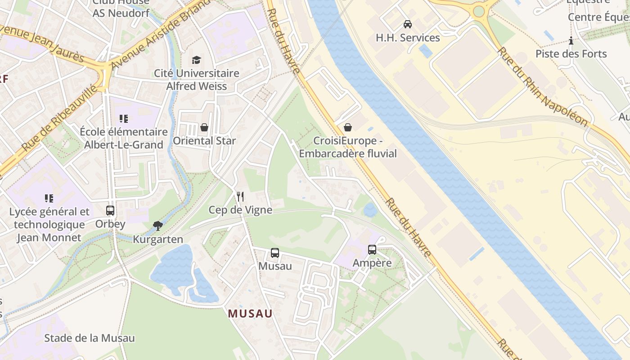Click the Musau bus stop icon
click(275, 253)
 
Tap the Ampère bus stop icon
click(372, 250)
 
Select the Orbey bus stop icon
click(110, 210)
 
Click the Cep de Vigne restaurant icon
click(240, 197)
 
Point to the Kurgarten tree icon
click(157, 225)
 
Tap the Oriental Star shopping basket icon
click(204, 127)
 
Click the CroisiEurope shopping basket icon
click(347, 127)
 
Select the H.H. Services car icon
click(408, 24)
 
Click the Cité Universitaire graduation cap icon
click(196, 60)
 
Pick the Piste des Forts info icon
click(571, 41)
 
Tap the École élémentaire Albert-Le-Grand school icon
click(124, 119)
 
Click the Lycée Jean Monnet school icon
click(49, 198)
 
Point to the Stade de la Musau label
click(90, 338)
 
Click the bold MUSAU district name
click(250, 314)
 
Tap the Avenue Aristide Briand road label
click(159, 34)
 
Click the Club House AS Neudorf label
click(121, 8)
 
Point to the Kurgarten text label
click(158, 239)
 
